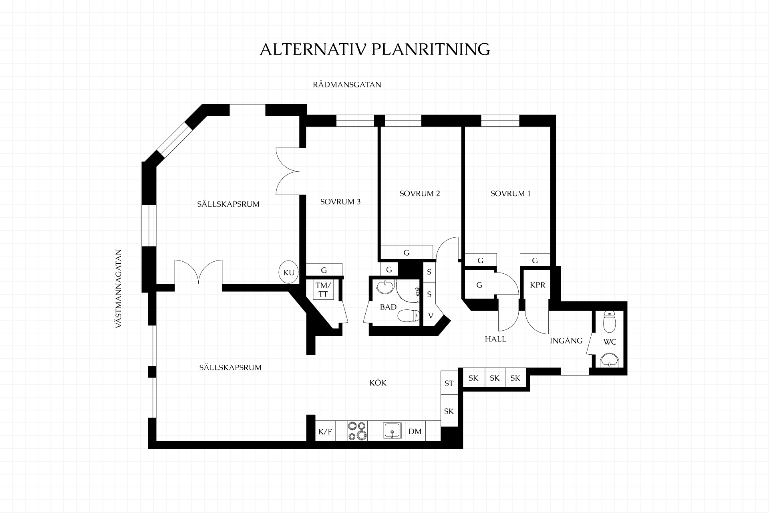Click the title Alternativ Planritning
point(375,49)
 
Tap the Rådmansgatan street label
point(347,85)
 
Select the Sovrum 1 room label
point(511,194)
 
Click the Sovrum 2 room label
point(420,194)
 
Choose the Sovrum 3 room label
point(340,202)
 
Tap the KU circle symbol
point(289,273)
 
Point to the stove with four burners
point(357,431)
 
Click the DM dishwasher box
point(415,431)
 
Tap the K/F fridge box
point(325,431)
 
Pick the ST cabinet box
point(449,383)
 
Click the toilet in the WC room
point(610,322)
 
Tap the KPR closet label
point(537,285)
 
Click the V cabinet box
point(431,315)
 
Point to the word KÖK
point(378,383)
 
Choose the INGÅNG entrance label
point(566,341)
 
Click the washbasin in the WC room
point(610,360)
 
